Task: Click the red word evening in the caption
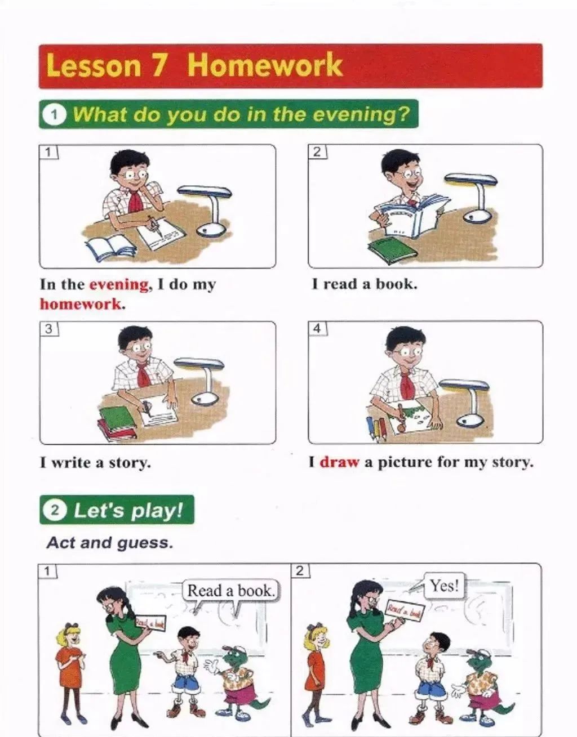pos(119,284)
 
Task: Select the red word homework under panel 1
pos(81,304)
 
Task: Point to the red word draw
pos(339,462)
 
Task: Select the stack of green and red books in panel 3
pos(117,422)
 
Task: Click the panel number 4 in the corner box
pos(317,328)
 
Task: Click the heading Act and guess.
pos(110,543)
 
